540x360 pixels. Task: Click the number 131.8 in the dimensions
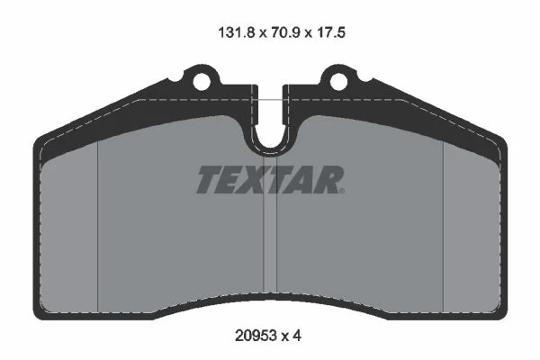tap(237, 32)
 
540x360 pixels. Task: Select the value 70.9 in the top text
tap(286, 32)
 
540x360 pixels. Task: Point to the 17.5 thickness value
tap(330, 32)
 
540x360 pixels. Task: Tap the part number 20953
tap(256, 335)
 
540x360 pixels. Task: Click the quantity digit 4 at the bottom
tap(297, 335)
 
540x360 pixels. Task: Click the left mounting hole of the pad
tap(202, 81)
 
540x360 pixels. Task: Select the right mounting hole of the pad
tap(339, 81)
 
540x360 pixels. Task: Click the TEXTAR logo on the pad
tap(271, 180)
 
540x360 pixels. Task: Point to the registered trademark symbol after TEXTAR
tap(342, 191)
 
